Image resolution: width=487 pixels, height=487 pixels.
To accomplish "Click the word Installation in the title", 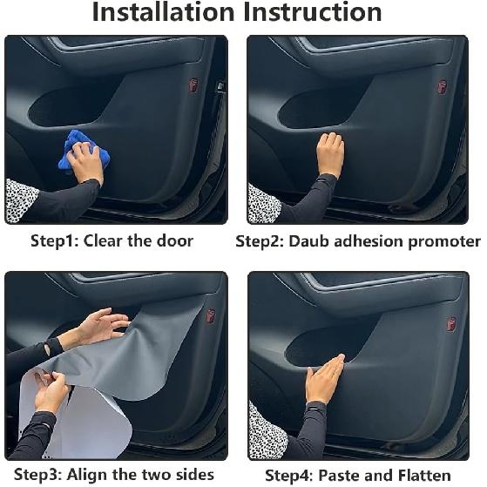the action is tap(164, 12).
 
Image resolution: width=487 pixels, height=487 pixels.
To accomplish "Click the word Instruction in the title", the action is tap(313, 12).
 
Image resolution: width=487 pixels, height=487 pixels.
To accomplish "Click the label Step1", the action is tap(55, 241).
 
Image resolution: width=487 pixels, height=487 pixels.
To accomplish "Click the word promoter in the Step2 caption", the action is tap(444, 241).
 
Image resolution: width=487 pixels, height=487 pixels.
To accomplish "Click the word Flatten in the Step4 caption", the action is tap(424, 475).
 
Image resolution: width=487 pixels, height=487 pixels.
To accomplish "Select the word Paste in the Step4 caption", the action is tap(338, 475).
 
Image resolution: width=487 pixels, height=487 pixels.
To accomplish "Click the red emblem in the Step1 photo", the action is tap(194, 85).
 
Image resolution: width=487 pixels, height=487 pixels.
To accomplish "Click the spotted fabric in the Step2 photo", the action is tap(264, 204).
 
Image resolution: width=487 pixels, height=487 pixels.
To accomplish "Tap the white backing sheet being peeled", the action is tap(76, 416).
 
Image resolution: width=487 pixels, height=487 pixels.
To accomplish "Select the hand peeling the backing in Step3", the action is tap(51, 392).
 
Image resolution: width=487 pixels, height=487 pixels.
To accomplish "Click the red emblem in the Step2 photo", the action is tap(443, 87).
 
